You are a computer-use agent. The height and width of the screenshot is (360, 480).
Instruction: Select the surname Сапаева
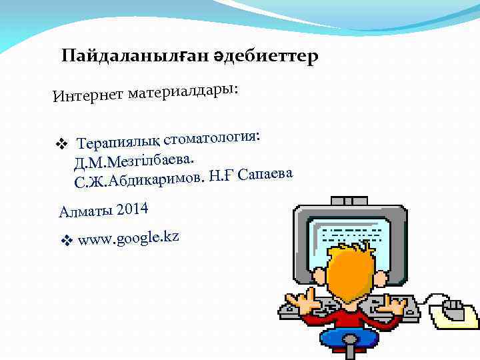pos(265,174)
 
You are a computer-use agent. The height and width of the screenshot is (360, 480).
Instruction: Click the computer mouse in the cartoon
pos(454,308)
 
